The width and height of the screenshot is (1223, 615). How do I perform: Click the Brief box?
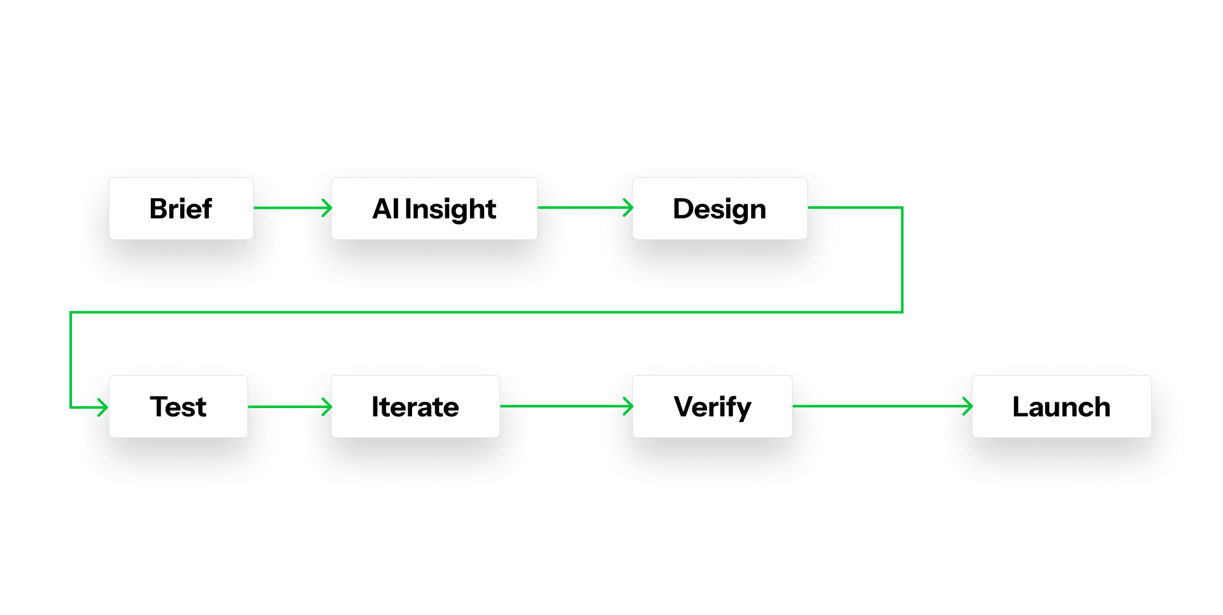coord(181,208)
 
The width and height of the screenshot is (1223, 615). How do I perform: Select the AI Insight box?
coord(434,208)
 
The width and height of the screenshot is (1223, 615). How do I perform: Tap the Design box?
coord(719,208)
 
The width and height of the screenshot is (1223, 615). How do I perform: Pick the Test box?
coord(178,406)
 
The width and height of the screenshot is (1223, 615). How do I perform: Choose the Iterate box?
coord(415,406)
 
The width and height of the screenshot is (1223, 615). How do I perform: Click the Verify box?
coord(712,406)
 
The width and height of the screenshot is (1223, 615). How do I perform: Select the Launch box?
coord(1061,406)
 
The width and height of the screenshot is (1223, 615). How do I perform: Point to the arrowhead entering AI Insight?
coord(327,208)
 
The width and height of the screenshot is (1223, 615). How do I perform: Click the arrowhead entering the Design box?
coord(628,208)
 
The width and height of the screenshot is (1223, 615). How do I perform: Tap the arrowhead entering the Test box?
coord(103,407)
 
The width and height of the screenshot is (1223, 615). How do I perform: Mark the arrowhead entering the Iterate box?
coord(327,406)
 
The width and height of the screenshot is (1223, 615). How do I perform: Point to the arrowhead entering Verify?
coord(628,406)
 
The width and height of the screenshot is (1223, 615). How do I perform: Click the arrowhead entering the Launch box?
coord(968,406)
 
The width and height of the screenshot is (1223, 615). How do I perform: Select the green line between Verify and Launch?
coord(879,406)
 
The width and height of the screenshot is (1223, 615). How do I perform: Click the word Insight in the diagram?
coord(450,209)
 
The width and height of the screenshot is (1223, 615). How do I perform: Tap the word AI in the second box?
coord(385,209)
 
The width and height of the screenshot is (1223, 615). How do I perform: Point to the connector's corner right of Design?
coord(902,208)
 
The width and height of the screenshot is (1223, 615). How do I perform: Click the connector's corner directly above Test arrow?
coord(71,313)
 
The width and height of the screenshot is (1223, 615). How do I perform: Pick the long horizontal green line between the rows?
coord(484,312)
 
